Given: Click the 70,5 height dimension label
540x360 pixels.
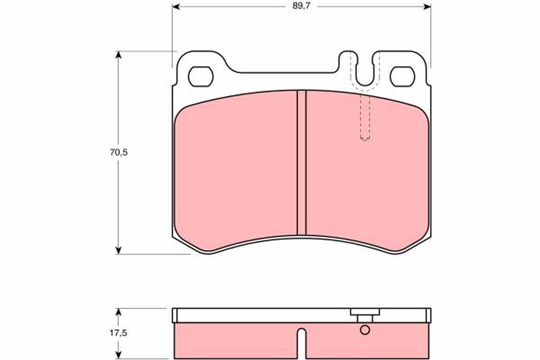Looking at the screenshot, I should (119, 152).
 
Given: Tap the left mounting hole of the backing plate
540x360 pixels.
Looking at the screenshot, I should (200, 76).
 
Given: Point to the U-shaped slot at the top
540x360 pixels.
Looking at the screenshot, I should (364, 72).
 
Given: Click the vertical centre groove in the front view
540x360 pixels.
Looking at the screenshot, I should (301, 162).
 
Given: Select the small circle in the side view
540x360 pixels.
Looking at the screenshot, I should (365, 330).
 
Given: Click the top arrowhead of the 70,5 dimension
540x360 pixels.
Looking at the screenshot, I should (119, 54).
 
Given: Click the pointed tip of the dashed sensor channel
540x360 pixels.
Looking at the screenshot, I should (365, 140).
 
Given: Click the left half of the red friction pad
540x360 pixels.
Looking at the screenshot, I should (234, 171).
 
